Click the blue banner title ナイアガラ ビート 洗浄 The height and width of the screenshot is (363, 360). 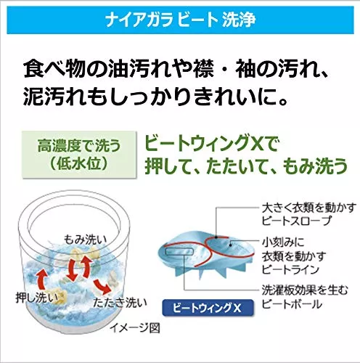tap(180, 20)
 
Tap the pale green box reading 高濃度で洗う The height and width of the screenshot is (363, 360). tap(79, 155)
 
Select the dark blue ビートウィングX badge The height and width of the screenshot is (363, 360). tap(208, 308)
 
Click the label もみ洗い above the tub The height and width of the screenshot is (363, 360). tap(85, 240)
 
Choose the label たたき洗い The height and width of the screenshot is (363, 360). tap(120, 303)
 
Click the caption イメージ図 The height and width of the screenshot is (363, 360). tap(135, 328)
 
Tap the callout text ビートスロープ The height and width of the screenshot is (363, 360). tap(296, 221)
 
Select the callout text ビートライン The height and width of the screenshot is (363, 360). tap(290, 269)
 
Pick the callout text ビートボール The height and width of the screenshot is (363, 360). tap(292, 304)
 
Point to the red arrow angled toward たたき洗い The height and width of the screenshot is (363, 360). tap(102, 286)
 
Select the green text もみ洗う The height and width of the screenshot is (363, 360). tap(315, 166)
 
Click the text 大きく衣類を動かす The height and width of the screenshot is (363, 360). tap(309, 208)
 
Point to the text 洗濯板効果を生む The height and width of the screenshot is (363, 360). tap(305, 290)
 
